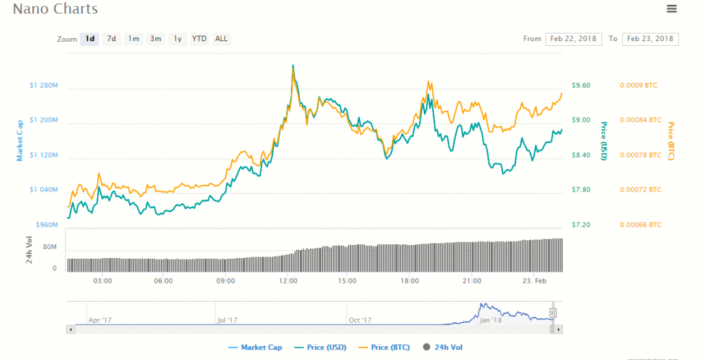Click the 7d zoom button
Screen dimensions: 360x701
111,39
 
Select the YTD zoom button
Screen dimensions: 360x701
199,39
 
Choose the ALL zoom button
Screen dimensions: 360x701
221,39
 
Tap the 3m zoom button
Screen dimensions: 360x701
155,39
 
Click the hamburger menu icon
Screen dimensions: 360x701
671,9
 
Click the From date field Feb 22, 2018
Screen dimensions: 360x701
573,39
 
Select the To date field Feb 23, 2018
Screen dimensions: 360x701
650,39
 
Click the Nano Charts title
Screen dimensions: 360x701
55,10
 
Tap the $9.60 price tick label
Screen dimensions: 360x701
581,86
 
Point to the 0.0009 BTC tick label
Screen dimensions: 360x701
638,86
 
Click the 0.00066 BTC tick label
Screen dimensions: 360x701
640,224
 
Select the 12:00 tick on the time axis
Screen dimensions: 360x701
288,281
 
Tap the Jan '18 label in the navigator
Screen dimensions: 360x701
490,320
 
